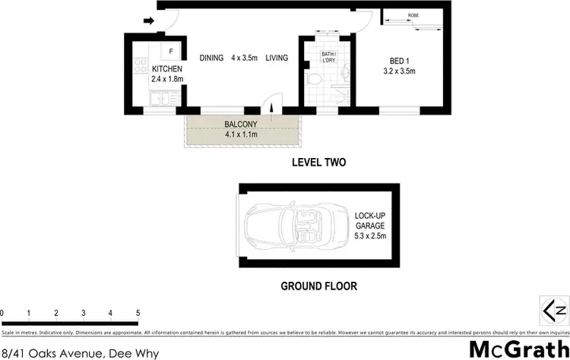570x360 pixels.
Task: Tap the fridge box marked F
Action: coord(171,52)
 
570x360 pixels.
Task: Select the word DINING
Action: coord(213,58)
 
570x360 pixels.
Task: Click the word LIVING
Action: coord(277,58)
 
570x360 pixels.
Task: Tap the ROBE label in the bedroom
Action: coord(413,15)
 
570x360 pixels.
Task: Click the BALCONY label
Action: coord(242,125)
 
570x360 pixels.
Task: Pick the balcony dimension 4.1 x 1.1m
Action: coord(242,134)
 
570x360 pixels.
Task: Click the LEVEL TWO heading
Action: coord(319,163)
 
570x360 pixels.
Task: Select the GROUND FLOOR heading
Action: coord(318,286)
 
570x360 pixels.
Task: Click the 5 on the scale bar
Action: coord(138,313)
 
